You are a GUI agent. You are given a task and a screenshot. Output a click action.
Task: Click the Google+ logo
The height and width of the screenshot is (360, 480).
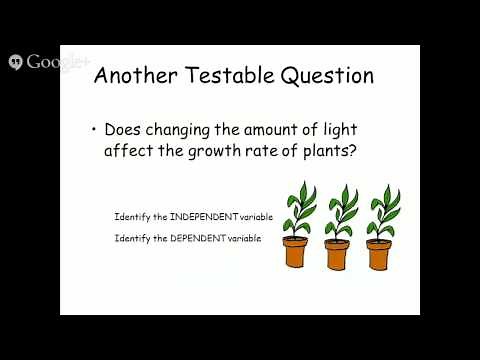[x=46, y=62]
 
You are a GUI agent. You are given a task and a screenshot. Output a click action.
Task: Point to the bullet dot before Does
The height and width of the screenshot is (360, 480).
[x=94, y=130]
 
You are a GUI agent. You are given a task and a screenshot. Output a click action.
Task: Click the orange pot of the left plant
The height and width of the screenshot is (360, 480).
[x=295, y=251]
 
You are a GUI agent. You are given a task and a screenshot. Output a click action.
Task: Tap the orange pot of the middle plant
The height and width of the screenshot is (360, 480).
[x=338, y=252]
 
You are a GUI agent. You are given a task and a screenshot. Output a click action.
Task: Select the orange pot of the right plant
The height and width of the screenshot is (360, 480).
[x=379, y=252]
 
